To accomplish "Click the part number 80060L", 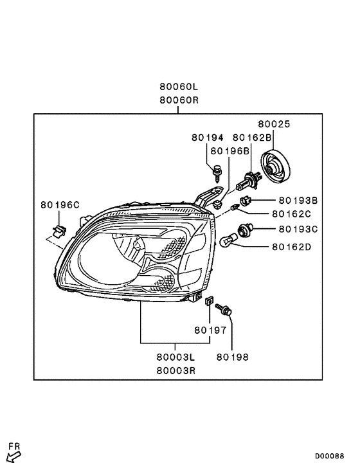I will pos(179,87).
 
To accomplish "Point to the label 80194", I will pos(207,138).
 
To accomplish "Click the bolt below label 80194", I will pos(217,172).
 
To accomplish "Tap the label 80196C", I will pos(60,205).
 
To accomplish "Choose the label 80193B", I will pos(298,201).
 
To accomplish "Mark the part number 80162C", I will pos(291,214).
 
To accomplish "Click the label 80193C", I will pos(298,229).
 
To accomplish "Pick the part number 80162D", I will pos(291,246).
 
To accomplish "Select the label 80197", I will pos(210,330).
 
